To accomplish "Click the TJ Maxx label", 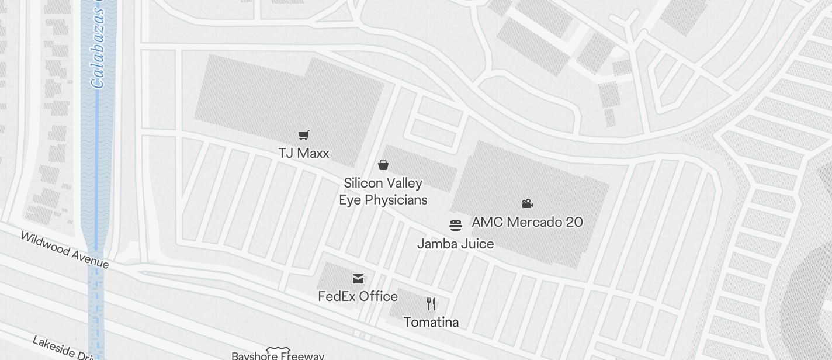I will pos(303,153).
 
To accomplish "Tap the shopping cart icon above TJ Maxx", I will pos(303,136).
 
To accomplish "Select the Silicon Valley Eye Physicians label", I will pos(383,191).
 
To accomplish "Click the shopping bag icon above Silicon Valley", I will pos(383,165).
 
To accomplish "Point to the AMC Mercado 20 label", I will pos(527,222).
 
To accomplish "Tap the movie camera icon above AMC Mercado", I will pos(527,203).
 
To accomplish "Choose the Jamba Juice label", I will pos(455,244).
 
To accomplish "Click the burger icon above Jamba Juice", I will pos(456,225).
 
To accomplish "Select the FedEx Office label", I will pos(358,296).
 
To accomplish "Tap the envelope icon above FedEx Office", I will pos(358,279).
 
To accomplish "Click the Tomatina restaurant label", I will pos(431,322).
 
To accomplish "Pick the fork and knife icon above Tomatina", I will pos(431,304).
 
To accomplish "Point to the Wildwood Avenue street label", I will pos(64,250).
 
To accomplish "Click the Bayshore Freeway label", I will pos(278,356).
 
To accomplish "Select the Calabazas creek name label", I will pos(97,53).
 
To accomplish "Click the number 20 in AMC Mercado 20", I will pos(574,222).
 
